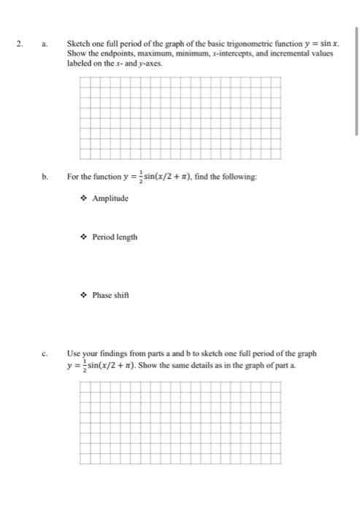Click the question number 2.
point(20,43)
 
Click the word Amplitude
point(110,199)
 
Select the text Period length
point(115,237)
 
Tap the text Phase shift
point(111,296)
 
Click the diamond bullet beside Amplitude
point(85,199)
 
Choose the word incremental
point(274,53)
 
